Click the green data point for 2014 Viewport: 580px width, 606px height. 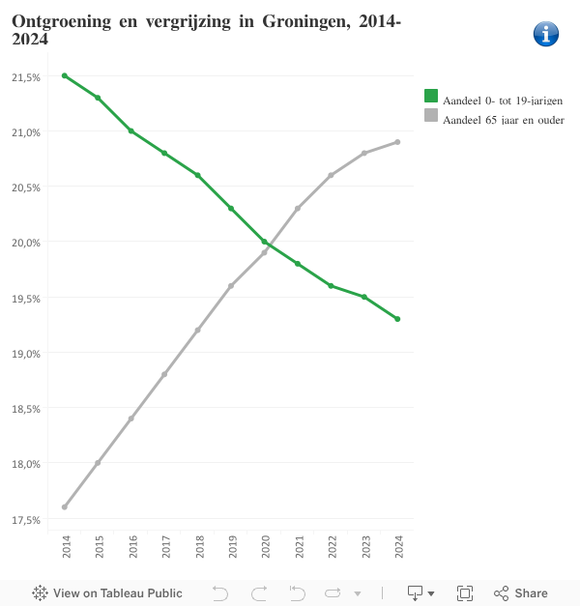click(x=65, y=75)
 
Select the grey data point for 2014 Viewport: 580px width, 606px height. click(x=65, y=506)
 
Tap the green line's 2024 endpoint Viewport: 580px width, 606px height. click(x=397, y=319)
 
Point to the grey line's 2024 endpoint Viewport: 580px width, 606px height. click(x=397, y=142)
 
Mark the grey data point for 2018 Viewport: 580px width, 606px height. click(x=198, y=330)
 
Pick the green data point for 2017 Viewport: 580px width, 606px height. click(x=164, y=153)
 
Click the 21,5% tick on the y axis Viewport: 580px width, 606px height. click(x=26, y=76)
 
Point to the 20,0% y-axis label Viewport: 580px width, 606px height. click(x=26, y=243)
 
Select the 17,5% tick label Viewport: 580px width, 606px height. click(x=26, y=520)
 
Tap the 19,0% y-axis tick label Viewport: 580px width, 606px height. click(x=26, y=354)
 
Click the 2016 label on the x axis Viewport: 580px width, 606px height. click(x=132, y=548)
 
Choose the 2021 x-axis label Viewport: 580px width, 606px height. click(x=299, y=548)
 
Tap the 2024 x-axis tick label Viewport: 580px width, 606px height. click(x=398, y=548)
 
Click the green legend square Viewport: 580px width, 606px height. click(x=431, y=96)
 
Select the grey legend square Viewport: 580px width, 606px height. click(x=431, y=115)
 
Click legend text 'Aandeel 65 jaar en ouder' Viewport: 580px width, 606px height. click(x=503, y=120)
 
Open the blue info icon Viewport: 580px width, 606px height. click(x=546, y=34)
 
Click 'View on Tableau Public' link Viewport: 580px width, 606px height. click(x=107, y=592)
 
